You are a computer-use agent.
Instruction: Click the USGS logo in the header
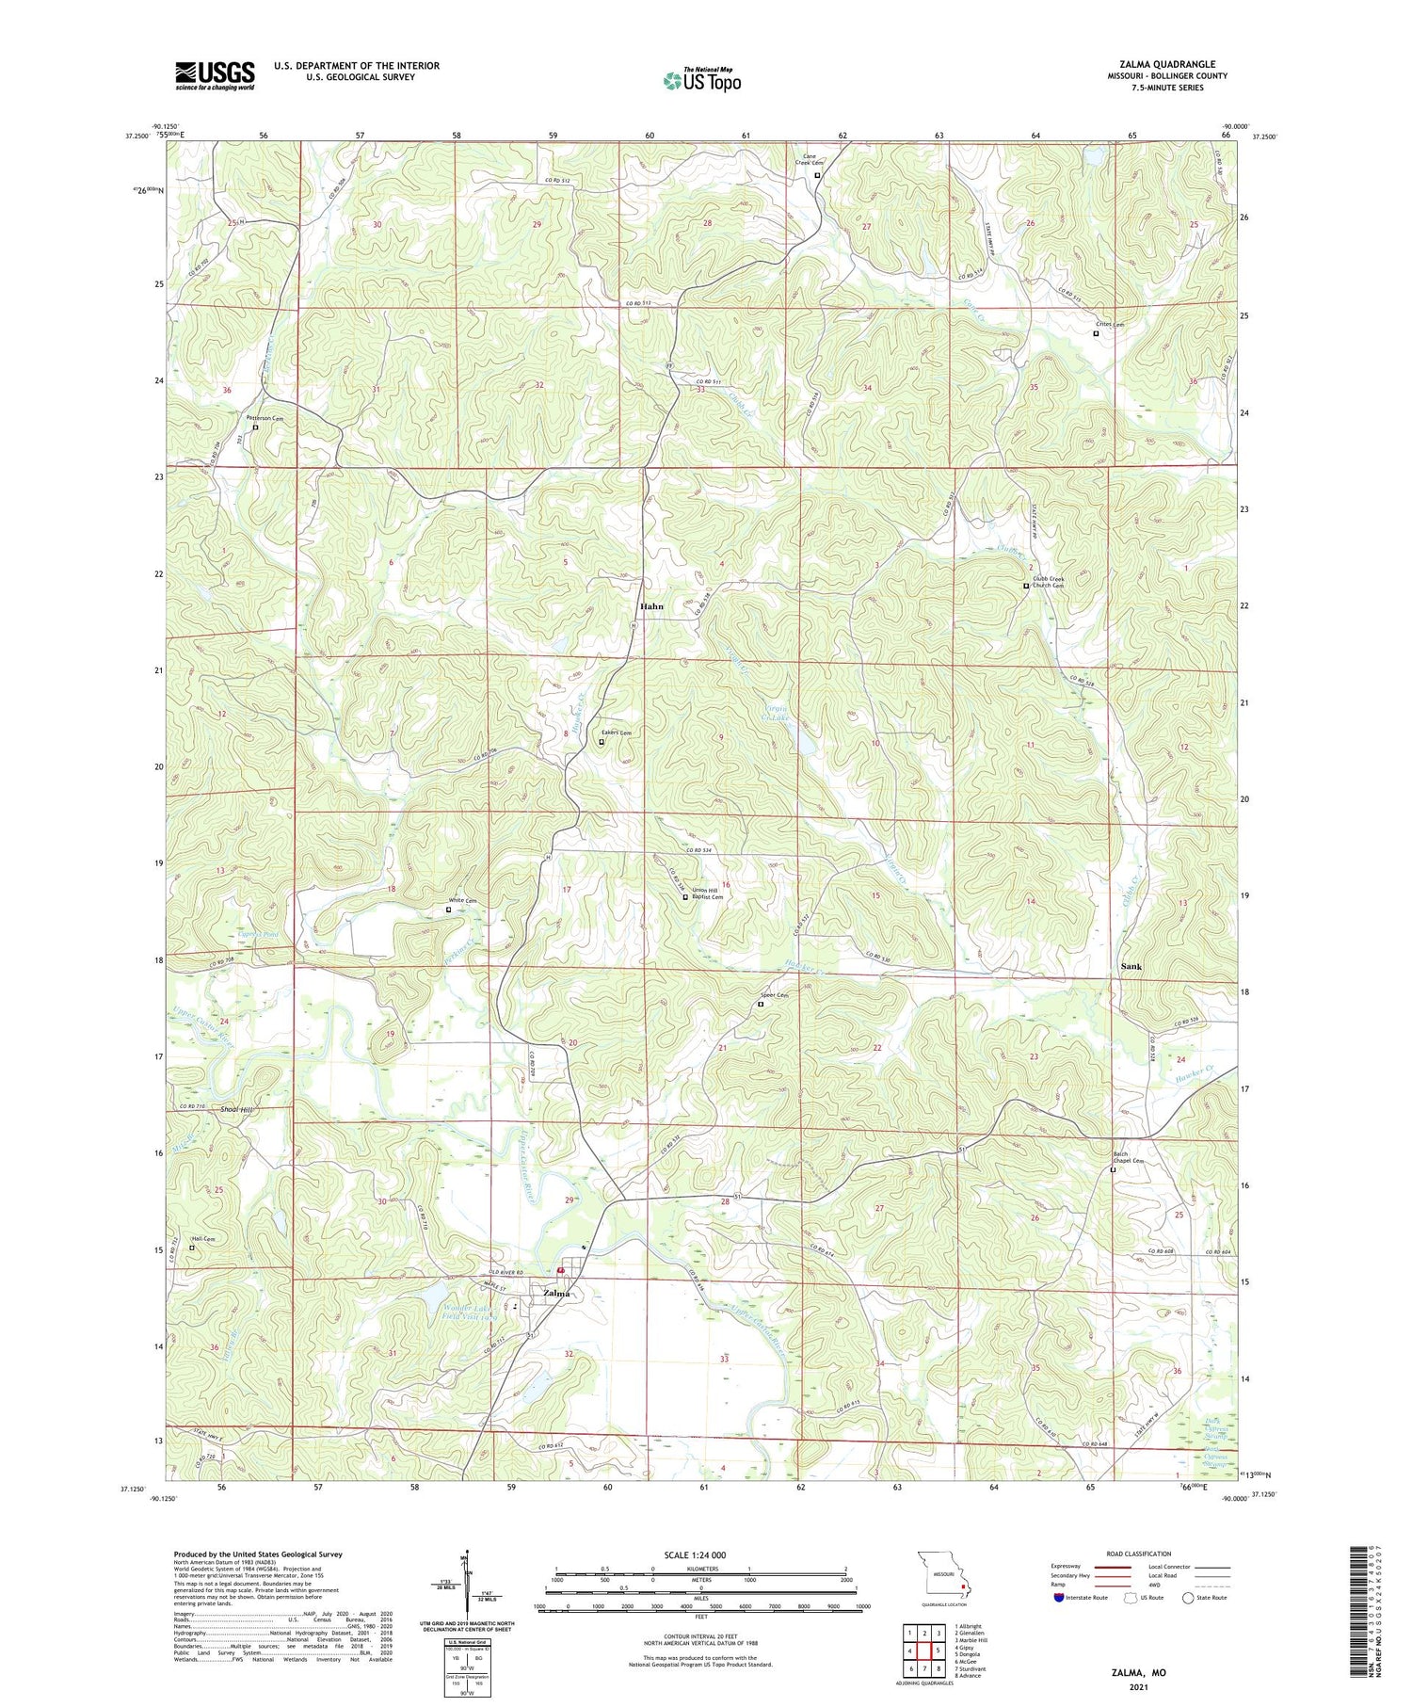215,75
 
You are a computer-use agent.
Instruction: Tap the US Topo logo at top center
701,81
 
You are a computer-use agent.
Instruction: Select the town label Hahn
651,606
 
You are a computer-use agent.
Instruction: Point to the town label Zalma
556,1293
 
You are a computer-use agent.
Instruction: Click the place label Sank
1131,966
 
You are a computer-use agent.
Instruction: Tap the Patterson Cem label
265,417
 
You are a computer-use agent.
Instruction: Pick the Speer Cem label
773,994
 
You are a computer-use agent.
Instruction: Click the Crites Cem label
1109,325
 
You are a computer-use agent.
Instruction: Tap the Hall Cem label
202,1239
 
